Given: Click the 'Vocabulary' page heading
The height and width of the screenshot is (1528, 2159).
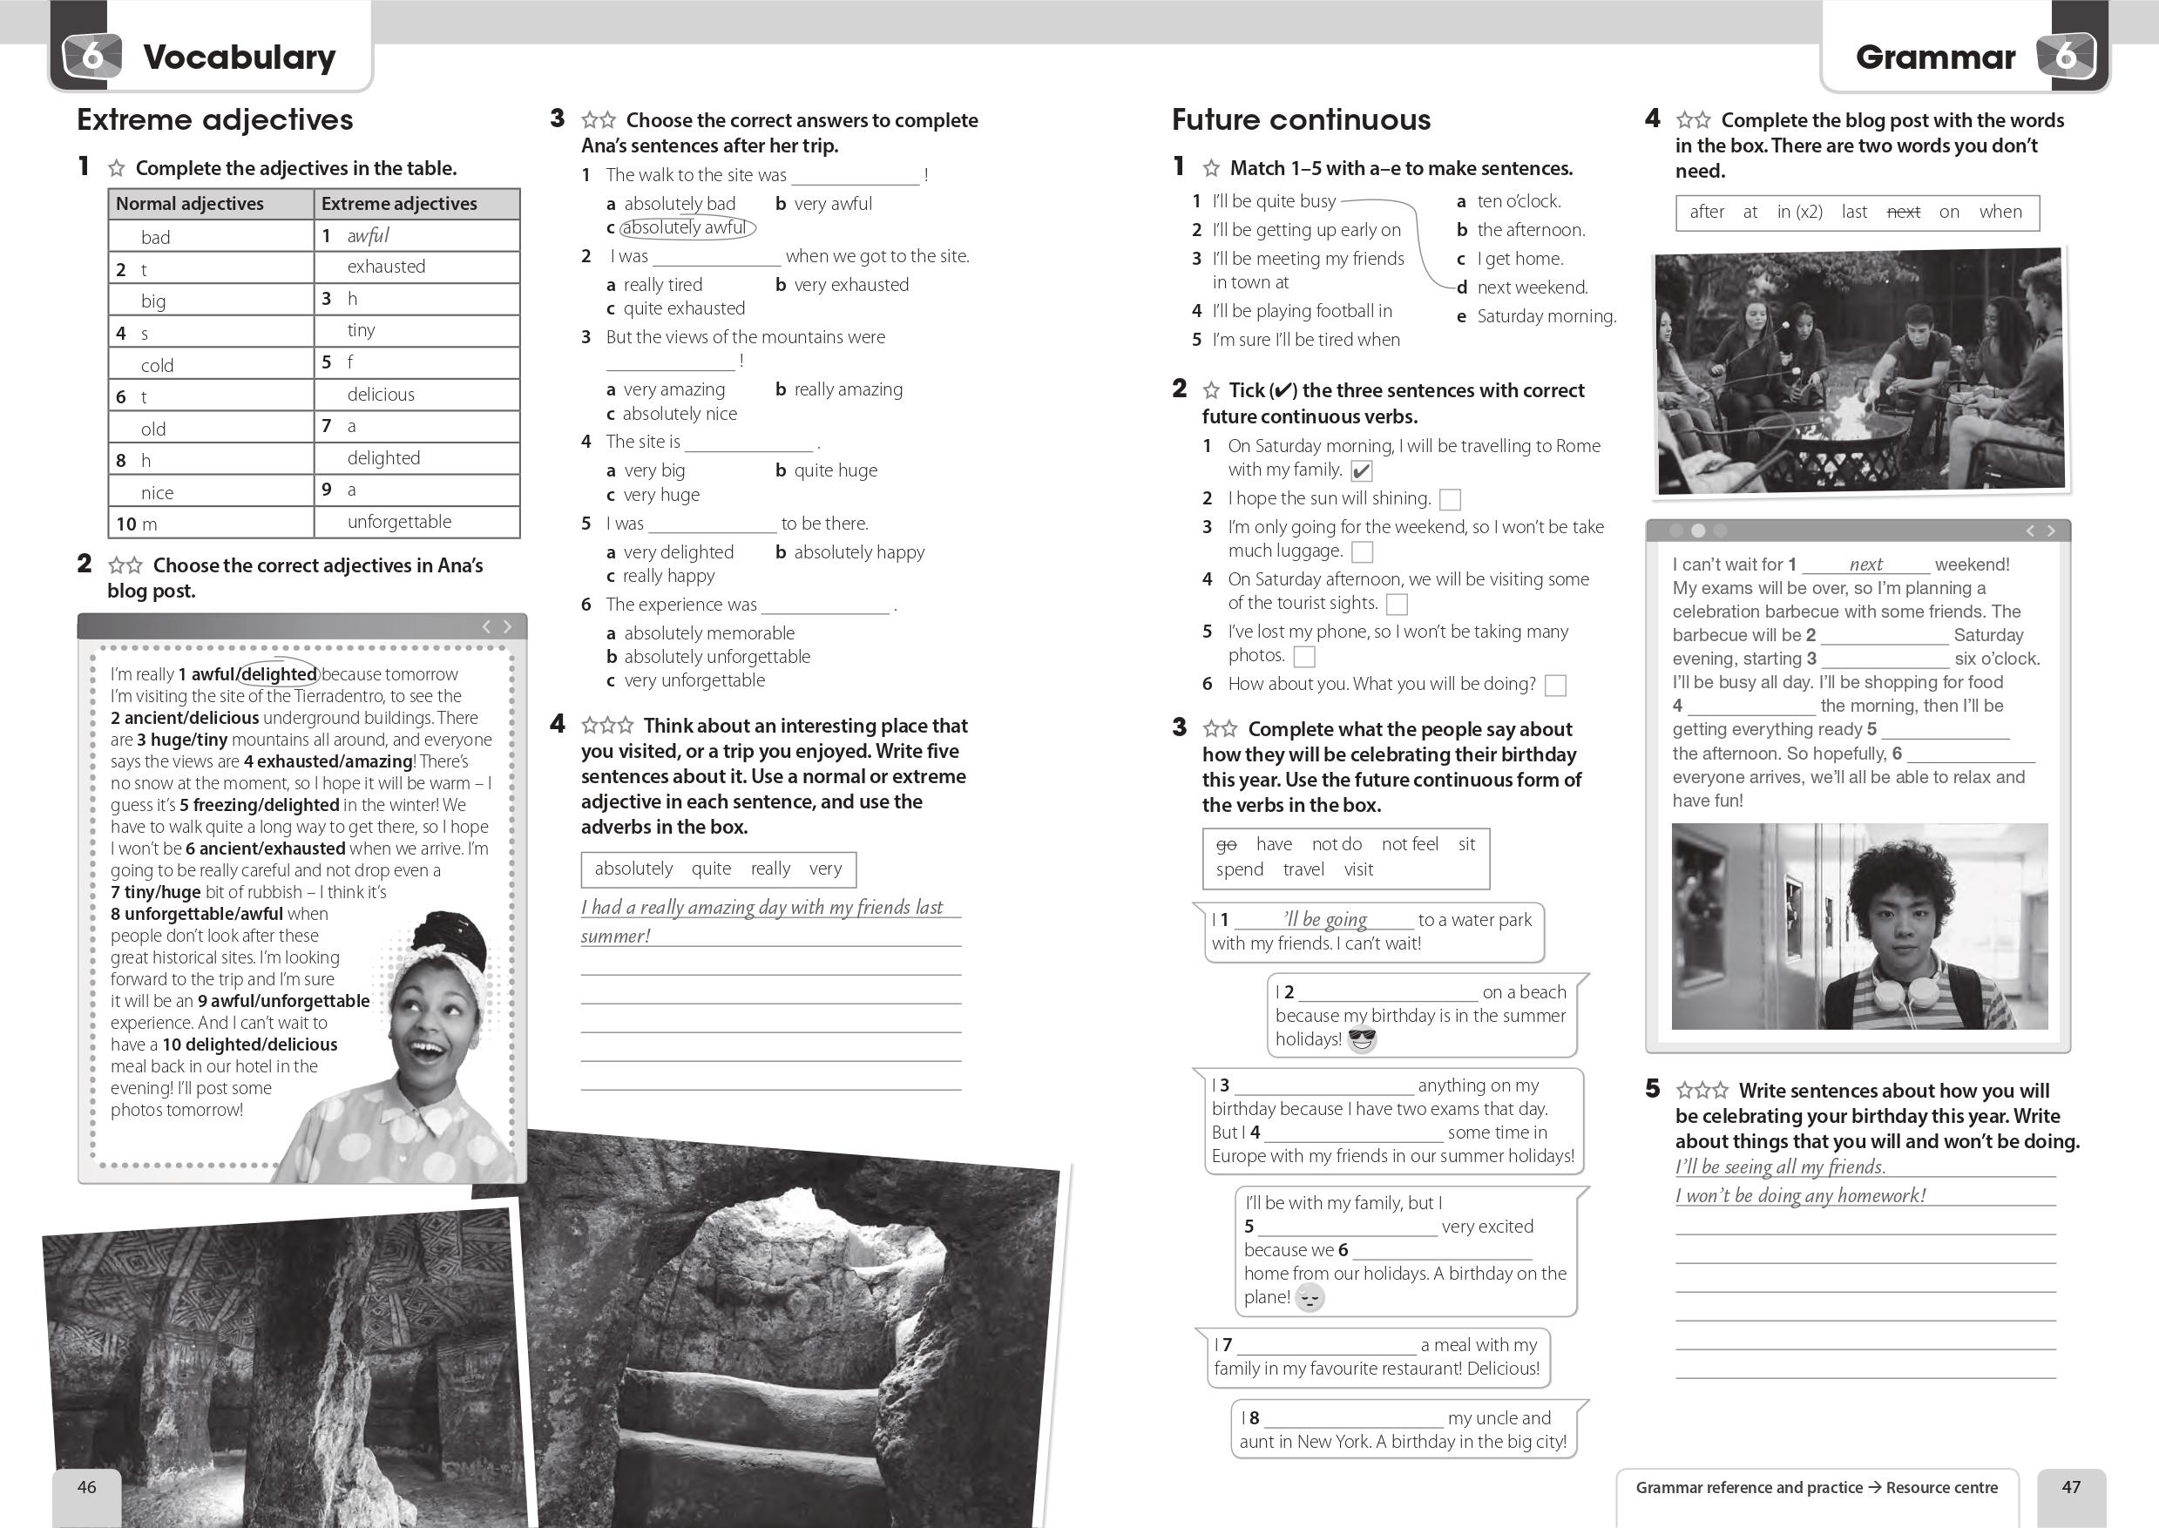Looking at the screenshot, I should coord(239,57).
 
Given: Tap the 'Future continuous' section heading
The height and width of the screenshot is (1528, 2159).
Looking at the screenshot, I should coord(1300,119).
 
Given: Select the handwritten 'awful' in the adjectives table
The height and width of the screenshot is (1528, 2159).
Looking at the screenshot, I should coord(368,235).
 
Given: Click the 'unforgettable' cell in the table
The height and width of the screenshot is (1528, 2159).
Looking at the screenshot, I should coord(399,521).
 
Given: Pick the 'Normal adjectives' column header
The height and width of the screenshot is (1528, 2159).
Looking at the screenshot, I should coord(189,203).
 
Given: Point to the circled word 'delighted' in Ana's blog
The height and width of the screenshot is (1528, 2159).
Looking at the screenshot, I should coord(280,673).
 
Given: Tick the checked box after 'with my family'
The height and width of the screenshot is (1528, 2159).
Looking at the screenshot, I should coord(1360,470).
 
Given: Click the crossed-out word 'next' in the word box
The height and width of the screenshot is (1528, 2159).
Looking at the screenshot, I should coord(1902,212).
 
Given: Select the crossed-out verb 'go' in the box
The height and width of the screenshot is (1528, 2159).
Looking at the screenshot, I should coord(1226,844).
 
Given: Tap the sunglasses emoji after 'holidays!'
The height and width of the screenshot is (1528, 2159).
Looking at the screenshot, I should coord(1361,1039).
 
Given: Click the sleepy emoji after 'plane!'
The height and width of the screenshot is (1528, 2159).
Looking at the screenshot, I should coord(1310,1297).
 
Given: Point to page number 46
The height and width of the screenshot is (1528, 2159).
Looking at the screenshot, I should coord(86,1486).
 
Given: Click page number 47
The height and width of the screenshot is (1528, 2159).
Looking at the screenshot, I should coord(2071,1486).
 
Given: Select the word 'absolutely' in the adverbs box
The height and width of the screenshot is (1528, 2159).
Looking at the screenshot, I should coord(633,869).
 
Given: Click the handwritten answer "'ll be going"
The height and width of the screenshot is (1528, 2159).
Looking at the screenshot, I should coord(1324,919).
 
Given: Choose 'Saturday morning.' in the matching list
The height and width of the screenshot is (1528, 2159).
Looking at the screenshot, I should coord(1546,316).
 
